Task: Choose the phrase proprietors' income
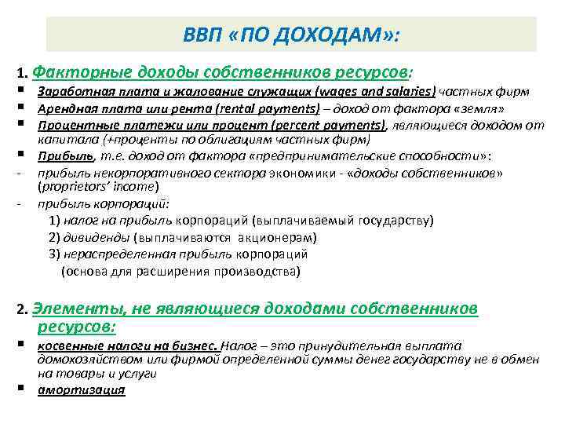tap(97, 186)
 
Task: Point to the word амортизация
tap(81, 390)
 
